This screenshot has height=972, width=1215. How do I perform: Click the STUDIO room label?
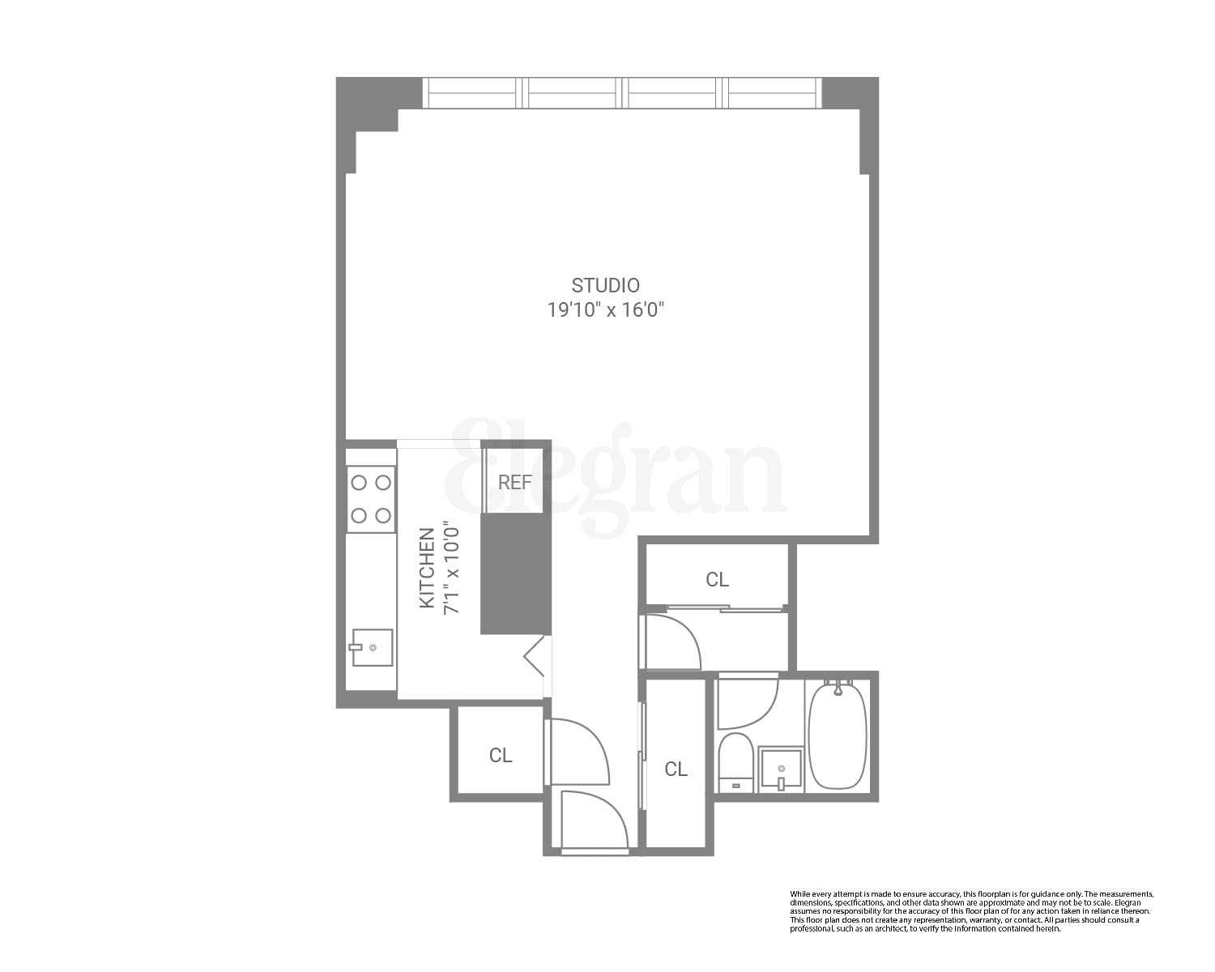point(605,285)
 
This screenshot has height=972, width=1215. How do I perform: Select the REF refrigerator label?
point(514,483)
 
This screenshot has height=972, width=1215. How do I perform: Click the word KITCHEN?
point(427,567)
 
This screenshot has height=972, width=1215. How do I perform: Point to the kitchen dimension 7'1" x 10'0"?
point(452,567)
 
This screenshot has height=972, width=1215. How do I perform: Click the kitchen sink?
point(372,647)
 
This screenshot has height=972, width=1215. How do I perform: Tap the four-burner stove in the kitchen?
point(370,499)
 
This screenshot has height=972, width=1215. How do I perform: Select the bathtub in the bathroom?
point(838,735)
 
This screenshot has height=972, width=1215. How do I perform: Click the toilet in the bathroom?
point(735,760)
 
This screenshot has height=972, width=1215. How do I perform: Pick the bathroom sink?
point(781,769)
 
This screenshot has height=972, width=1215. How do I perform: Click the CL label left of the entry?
point(501,755)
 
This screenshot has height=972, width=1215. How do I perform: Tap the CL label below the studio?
point(717,579)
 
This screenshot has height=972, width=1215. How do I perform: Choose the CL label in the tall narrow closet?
point(676,769)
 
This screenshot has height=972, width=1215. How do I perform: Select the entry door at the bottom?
point(594,822)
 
